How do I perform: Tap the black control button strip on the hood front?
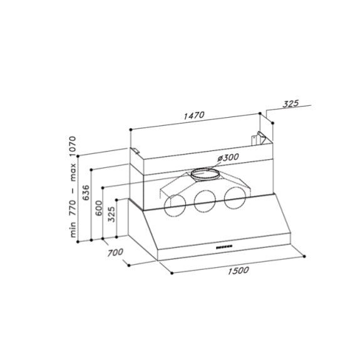point(223,248)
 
